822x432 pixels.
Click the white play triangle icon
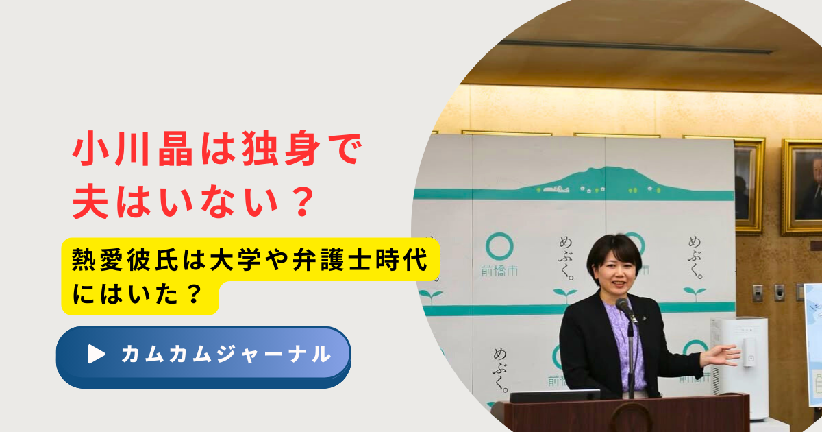[97, 354]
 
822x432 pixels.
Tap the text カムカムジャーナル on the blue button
[226, 355]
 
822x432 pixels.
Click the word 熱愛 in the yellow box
[97, 259]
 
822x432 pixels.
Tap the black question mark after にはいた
[194, 293]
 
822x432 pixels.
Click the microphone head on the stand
[623, 305]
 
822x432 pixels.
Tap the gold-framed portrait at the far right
[803, 187]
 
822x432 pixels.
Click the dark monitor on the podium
[555, 396]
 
